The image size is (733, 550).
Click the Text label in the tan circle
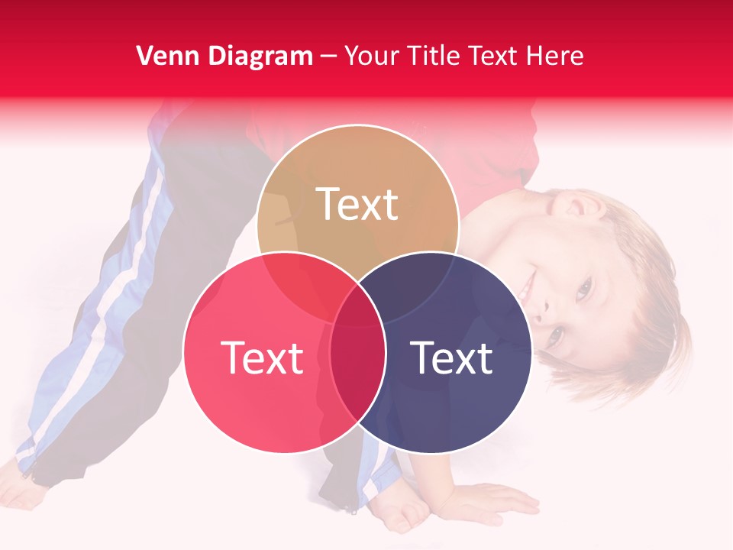point(357,205)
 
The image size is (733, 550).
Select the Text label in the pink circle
point(262,357)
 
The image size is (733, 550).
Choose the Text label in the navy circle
point(451,357)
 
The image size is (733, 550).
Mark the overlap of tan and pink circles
point(302,283)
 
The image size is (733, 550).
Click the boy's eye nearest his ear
point(584,288)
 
